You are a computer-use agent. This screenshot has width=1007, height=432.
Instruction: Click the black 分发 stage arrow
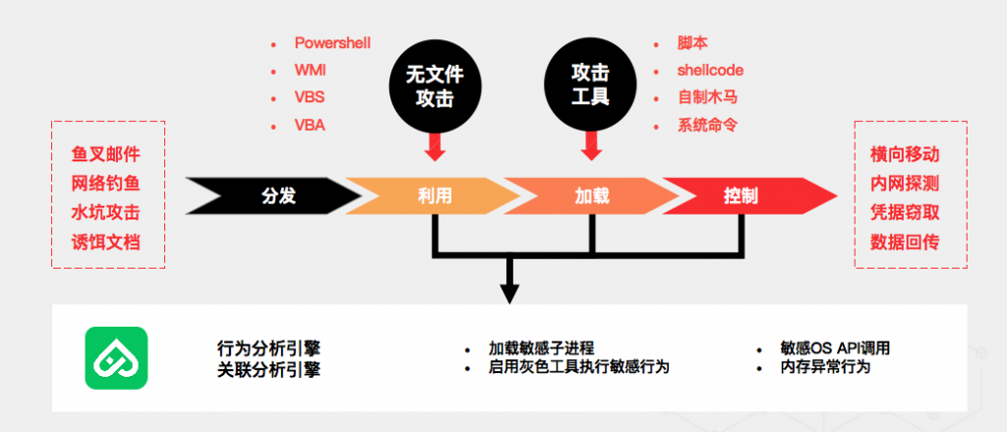pos(273,196)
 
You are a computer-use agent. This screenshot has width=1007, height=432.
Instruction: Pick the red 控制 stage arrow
pos(748,196)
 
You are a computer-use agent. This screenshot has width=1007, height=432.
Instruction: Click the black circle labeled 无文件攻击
pos(435,87)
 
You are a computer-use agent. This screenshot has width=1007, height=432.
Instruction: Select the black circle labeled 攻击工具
pos(590,87)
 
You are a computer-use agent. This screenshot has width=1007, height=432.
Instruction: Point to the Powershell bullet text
pos(332,43)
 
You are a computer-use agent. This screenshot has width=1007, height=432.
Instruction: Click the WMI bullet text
pos(311,71)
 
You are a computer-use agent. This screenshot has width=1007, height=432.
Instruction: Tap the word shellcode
pos(710,71)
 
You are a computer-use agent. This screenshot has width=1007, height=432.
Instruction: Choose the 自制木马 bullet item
pos(707,97)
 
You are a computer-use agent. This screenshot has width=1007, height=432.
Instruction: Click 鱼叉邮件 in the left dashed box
pos(106,154)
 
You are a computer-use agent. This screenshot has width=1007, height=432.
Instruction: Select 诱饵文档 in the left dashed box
pos(106,242)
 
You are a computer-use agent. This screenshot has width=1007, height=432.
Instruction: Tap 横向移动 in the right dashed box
pos(905,154)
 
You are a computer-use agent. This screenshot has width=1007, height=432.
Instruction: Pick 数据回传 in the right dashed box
pos(905,242)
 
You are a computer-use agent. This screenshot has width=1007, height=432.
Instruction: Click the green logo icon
pos(116,358)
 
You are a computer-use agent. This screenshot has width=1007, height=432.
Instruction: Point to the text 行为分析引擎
pos(268,348)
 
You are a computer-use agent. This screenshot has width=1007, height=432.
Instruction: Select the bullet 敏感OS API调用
pos(835,348)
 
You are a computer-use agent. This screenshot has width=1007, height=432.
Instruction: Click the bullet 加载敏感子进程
pos(542,348)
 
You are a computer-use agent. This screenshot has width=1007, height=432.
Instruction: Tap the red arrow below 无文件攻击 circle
pos(435,146)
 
